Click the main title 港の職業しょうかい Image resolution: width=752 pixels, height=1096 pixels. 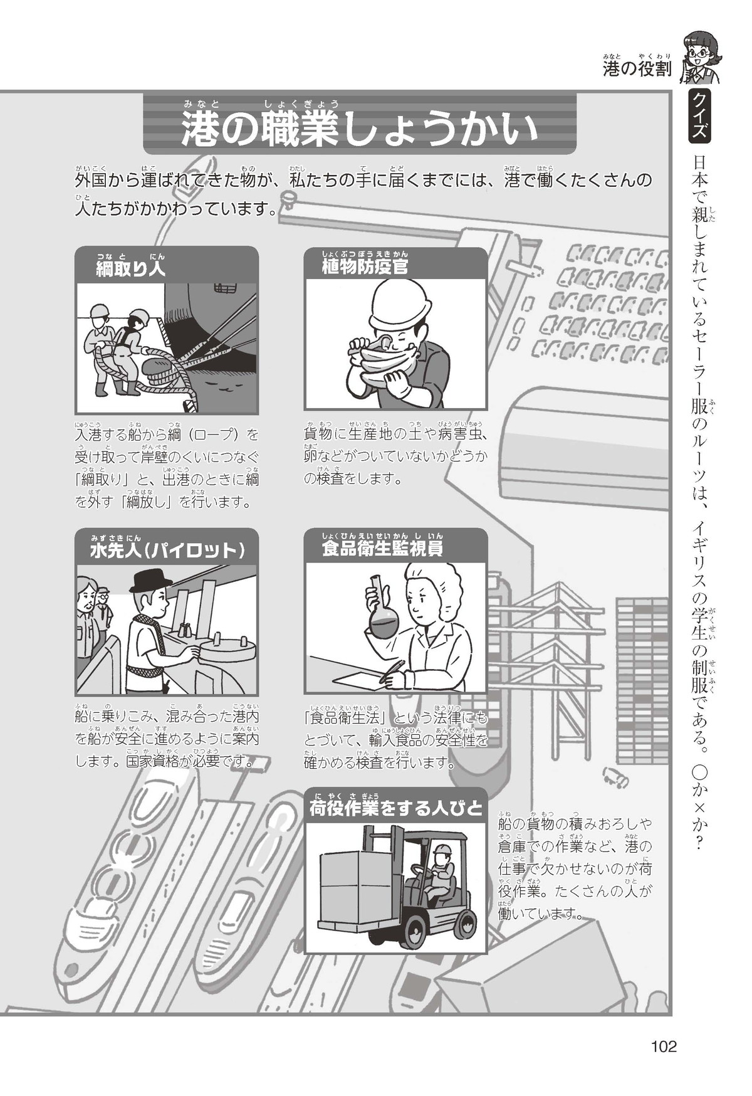pyautogui.click(x=360, y=130)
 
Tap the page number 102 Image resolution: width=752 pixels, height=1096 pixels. pyautogui.click(x=664, y=1046)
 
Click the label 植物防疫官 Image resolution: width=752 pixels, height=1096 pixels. pyautogui.click(x=364, y=268)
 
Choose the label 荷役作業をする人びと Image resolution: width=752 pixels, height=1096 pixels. pyautogui.click(x=396, y=808)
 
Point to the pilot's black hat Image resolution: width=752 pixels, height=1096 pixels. pyautogui.click(x=150, y=581)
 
